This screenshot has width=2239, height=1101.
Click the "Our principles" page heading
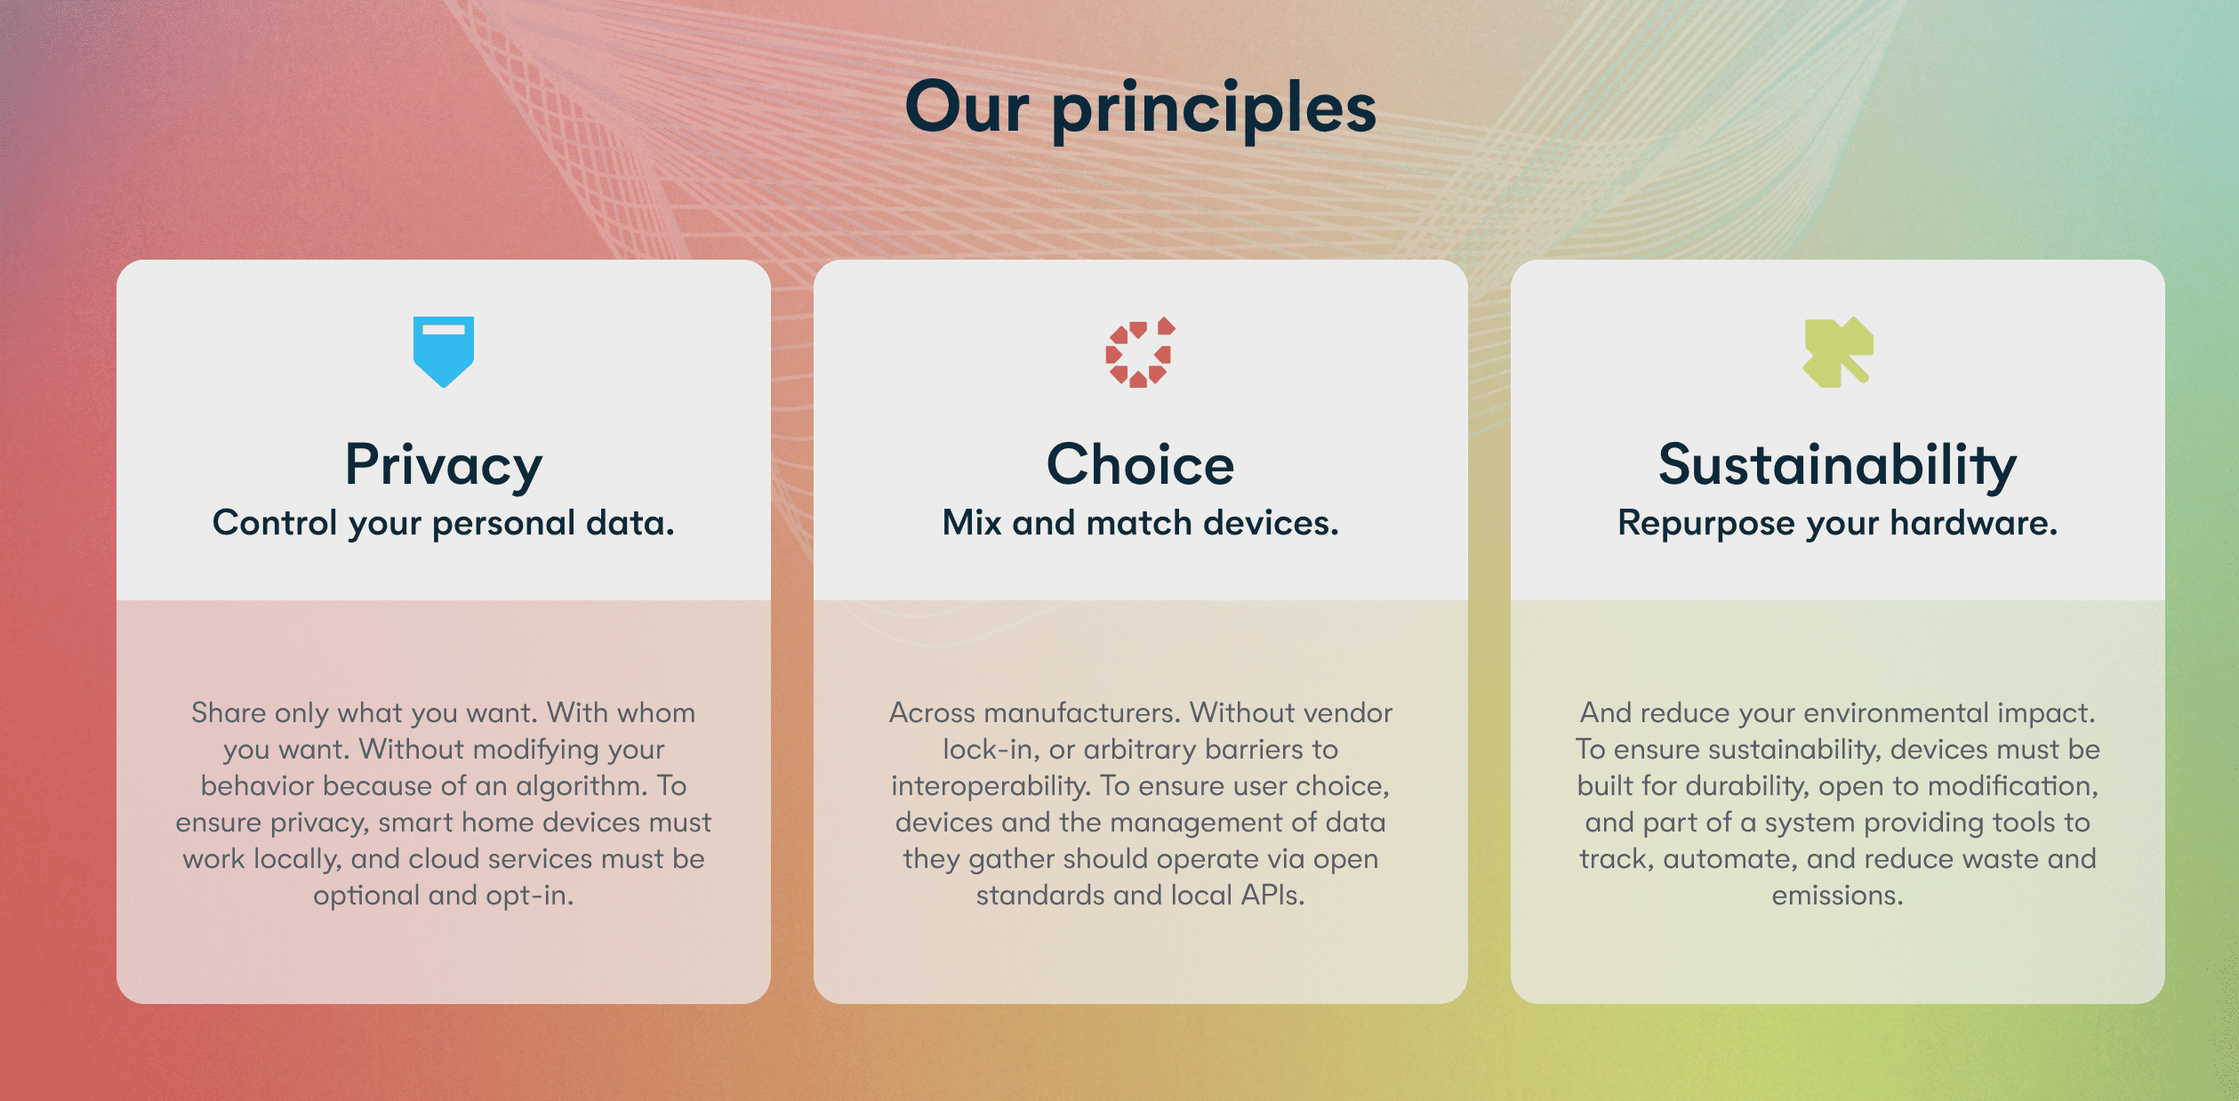[x=1140, y=108]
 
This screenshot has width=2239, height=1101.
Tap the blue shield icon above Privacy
[x=443, y=350]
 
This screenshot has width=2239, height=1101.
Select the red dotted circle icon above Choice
[x=1140, y=352]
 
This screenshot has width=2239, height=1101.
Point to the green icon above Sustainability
[x=1837, y=351]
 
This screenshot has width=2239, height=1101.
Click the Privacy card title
[x=443, y=464]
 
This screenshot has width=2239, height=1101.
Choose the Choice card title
[x=1140, y=464]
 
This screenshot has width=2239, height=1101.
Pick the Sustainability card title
[x=1837, y=464]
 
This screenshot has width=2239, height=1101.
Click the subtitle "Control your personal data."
[x=443, y=523]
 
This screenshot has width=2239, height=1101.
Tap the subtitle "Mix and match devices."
[x=1140, y=523]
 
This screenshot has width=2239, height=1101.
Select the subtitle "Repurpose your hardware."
[x=1837, y=523]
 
